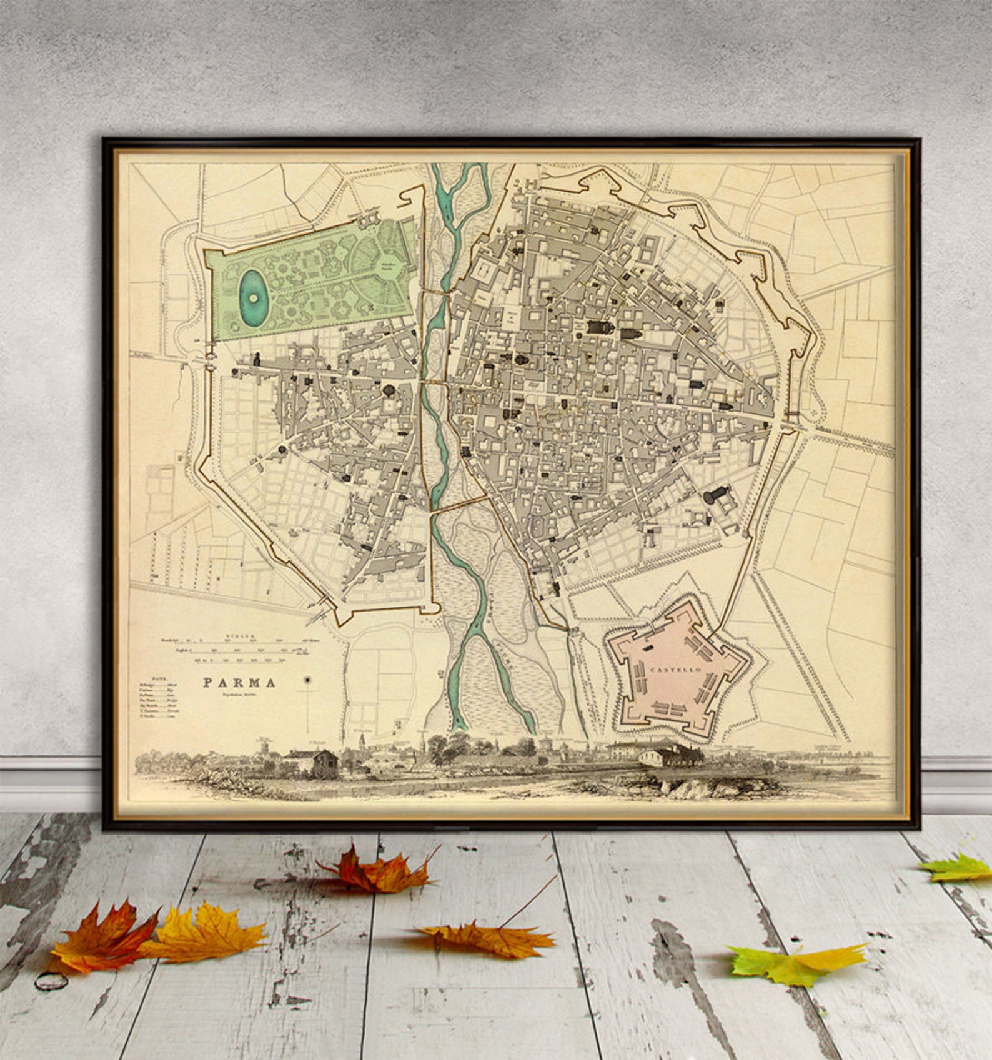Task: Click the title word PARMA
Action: tap(239, 682)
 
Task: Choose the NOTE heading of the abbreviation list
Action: tap(145, 676)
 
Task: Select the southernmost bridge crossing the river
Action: tap(459, 505)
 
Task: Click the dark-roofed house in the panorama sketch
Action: tap(324, 763)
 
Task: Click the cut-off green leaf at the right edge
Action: tap(959, 868)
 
